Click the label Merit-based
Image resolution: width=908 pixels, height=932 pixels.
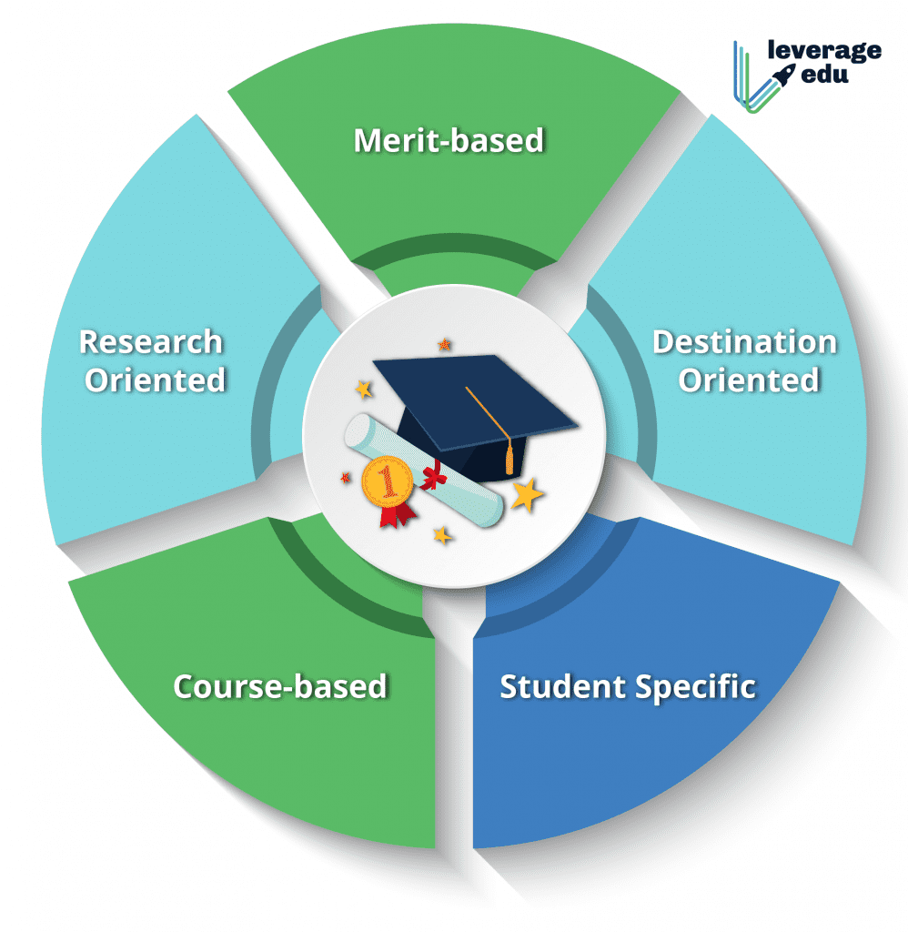449,141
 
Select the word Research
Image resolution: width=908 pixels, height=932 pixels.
151,342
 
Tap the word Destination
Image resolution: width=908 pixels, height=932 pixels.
744,342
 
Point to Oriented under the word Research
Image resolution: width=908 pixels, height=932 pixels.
155,380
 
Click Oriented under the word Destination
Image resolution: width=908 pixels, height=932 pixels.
749,380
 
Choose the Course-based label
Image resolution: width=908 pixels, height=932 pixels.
280,686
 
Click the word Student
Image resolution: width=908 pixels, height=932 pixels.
562,686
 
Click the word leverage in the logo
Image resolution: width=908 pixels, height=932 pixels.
824,51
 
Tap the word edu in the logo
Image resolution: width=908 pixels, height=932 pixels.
825,75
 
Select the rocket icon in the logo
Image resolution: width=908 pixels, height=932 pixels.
783,76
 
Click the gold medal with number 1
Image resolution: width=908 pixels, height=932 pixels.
388,481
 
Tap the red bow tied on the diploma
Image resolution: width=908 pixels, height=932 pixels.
434,475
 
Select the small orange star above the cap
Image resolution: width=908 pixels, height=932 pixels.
444,344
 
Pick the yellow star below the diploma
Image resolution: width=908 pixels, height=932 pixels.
442,535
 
